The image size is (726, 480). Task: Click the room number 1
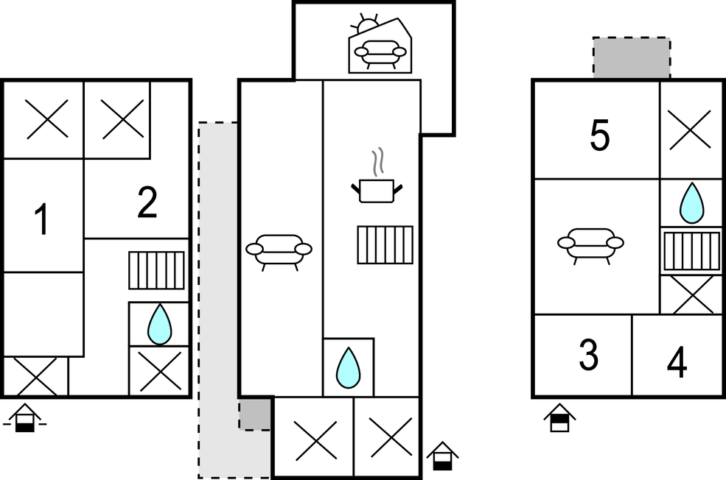(42, 220)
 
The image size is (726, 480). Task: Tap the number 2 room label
(147, 203)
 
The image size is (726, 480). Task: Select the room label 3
(587, 356)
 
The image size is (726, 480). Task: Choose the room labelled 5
(600, 136)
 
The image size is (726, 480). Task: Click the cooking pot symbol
(377, 190)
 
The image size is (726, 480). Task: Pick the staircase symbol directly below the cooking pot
(385, 244)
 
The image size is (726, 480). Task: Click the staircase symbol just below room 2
(156, 270)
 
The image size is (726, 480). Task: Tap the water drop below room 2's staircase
(158, 325)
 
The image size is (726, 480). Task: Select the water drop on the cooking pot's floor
(349, 367)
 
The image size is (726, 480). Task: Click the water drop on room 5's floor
(691, 202)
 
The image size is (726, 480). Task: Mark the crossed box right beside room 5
(691, 130)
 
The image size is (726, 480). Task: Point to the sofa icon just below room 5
(590, 244)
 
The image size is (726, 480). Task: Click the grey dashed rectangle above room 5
(632, 58)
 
